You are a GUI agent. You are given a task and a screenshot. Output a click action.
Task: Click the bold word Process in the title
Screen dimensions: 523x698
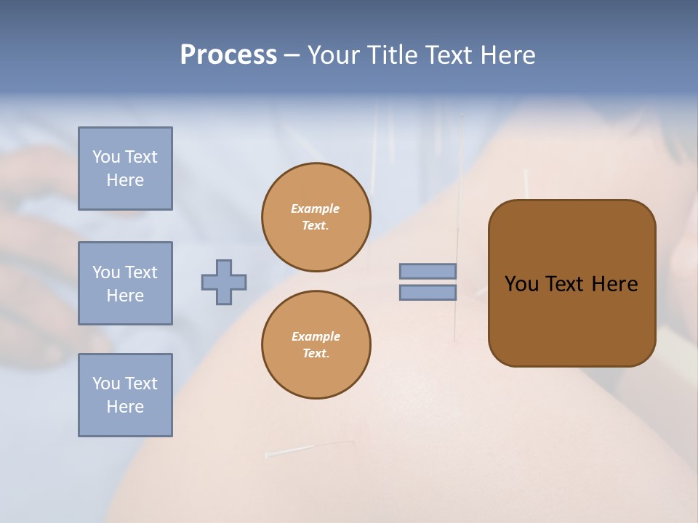228,55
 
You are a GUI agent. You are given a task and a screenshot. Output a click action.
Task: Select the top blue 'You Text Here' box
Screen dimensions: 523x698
125,169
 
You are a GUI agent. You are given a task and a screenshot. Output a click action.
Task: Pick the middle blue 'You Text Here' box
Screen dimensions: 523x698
125,283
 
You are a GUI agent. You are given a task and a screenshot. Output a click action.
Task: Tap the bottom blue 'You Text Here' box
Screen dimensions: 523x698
125,395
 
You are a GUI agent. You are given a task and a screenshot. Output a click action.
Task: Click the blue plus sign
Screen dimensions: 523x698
224,282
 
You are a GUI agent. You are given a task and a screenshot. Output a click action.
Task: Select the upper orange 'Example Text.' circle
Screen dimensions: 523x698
316,217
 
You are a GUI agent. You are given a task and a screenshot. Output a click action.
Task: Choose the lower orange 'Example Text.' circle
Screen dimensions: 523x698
316,345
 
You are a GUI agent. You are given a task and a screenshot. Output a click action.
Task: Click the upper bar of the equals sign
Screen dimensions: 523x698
428,272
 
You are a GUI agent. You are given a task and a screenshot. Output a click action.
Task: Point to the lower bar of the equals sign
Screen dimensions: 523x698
428,293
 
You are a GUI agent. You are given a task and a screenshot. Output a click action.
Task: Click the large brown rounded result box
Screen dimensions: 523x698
571,320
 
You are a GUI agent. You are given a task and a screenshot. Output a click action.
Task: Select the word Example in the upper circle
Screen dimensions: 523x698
316,208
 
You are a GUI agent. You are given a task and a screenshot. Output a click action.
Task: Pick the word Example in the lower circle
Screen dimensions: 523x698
316,336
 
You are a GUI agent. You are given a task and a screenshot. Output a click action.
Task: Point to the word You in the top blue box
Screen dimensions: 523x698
106,157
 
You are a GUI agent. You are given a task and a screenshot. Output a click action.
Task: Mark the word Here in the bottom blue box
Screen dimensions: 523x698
125,407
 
